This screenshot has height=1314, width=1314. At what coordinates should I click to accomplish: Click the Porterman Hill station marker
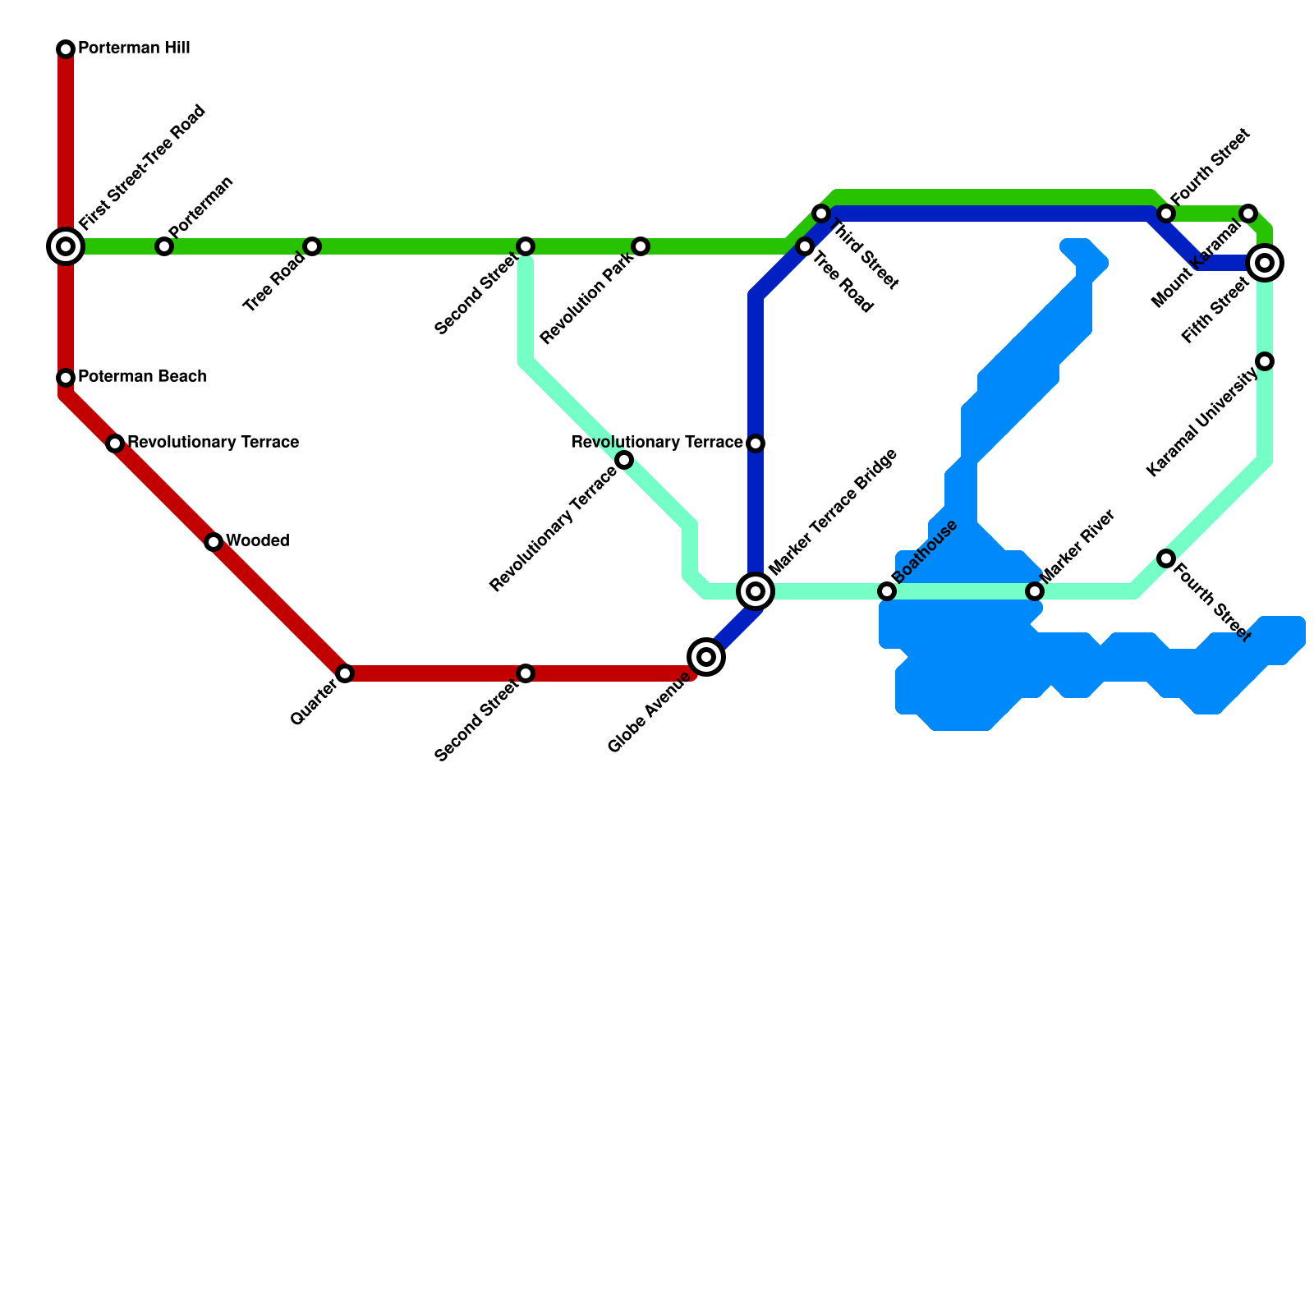[x=66, y=49]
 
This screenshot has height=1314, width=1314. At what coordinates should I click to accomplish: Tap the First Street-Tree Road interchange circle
[x=66, y=246]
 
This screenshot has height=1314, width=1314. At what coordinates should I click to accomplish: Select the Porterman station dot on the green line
[x=164, y=246]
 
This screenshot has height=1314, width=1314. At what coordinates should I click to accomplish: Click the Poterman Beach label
[x=141, y=377]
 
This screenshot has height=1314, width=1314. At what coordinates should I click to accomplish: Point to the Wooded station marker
[x=214, y=542]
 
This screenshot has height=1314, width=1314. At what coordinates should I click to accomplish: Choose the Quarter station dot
[x=345, y=673]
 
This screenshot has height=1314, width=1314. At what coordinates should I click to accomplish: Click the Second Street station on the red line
[x=526, y=673]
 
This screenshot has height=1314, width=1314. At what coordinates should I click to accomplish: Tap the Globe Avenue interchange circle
[x=706, y=657]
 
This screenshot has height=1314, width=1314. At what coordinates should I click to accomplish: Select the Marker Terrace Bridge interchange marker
[x=756, y=591]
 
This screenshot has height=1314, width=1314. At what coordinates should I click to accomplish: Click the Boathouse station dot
[x=887, y=591]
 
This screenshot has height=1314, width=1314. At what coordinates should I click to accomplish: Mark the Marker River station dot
[x=1035, y=591]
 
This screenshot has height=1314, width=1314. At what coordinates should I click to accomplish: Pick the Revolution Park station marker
[x=641, y=246]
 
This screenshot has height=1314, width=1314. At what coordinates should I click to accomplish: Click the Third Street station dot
[x=821, y=214]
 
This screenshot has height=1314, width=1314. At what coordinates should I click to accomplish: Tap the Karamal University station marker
[x=1265, y=361]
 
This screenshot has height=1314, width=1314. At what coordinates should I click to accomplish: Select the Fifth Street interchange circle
[x=1265, y=263]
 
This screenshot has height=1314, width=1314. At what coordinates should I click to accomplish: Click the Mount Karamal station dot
[x=1248, y=214]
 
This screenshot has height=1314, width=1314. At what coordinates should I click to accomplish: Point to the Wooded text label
[x=257, y=541]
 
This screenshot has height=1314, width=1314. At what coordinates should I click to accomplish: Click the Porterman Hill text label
[x=134, y=48]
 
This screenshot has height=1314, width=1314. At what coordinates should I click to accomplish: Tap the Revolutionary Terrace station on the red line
[x=115, y=443]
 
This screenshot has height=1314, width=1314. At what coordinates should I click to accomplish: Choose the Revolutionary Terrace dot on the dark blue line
[x=756, y=443]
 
